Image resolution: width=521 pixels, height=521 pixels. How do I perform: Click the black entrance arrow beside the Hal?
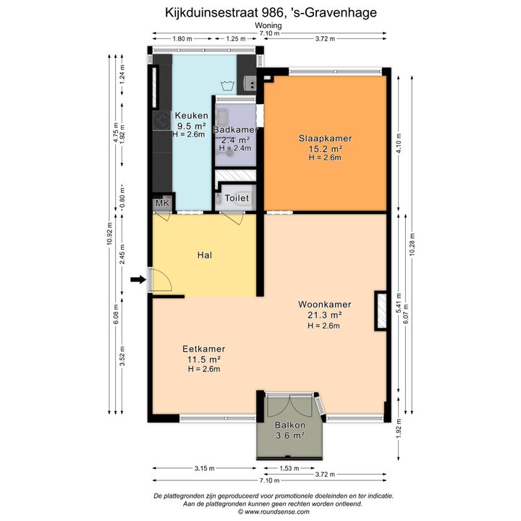click(x=138, y=280)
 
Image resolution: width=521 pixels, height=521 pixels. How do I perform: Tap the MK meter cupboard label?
click(x=163, y=203)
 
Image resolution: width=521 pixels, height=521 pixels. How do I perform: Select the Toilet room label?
click(x=237, y=198)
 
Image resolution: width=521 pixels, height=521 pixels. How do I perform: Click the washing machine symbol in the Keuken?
click(x=228, y=85)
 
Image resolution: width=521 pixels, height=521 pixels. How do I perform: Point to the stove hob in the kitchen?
click(x=162, y=120)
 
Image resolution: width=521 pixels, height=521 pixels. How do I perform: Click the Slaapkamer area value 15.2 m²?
click(x=326, y=148)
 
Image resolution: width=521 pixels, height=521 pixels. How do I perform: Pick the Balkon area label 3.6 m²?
click(x=289, y=436)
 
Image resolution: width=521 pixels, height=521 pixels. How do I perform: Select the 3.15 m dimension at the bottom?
click(x=204, y=468)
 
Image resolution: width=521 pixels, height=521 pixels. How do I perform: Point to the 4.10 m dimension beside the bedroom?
click(x=399, y=143)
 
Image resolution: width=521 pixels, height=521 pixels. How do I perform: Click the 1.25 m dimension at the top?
click(x=236, y=39)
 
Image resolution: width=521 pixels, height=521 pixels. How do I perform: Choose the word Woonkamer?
click(x=324, y=305)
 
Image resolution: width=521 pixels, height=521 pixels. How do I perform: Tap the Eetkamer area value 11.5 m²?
click(x=204, y=359)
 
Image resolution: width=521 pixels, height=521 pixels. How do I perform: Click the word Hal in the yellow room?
click(x=204, y=255)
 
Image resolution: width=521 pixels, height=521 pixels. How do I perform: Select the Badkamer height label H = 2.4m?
click(x=235, y=148)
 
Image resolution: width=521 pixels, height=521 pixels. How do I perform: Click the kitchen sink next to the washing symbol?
click(x=249, y=83)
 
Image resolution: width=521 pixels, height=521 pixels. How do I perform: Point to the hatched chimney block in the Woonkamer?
click(x=381, y=310)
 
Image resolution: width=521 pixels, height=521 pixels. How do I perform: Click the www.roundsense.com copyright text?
click(x=274, y=512)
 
